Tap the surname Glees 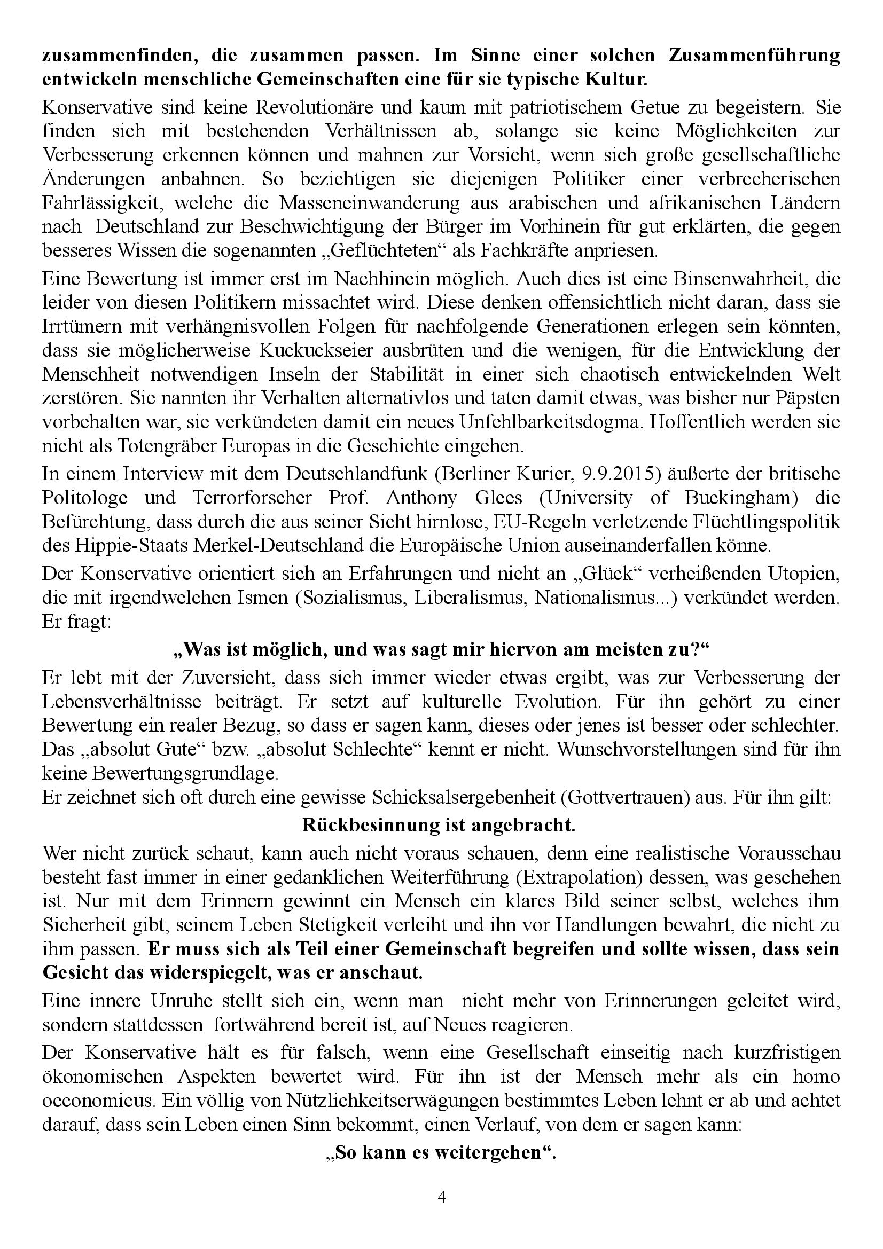point(496,498)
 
